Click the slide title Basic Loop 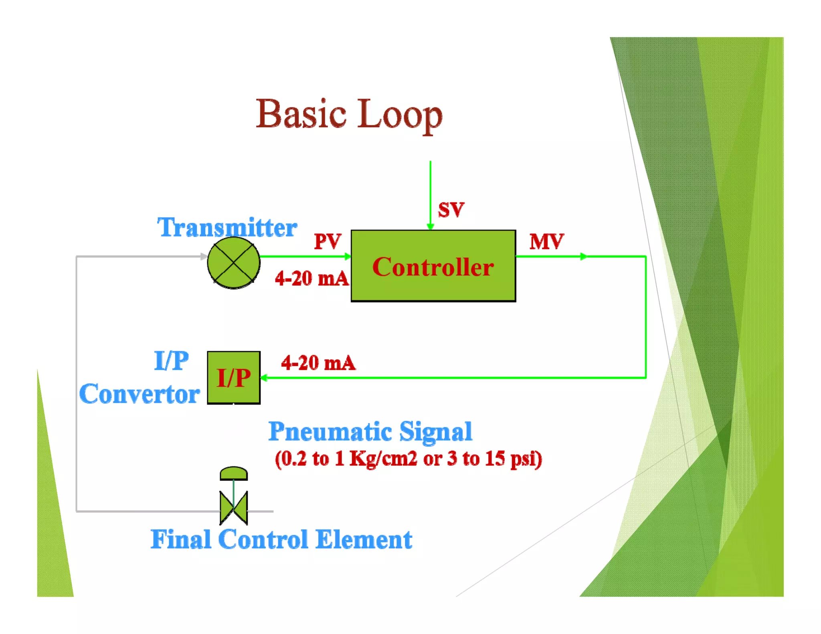click(x=349, y=115)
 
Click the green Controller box click(x=433, y=266)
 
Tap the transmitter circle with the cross click(x=233, y=262)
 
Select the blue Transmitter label click(x=227, y=227)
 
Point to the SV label click(x=451, y=210)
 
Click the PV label click(x=327, y=241)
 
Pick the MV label click(x=546, y=241)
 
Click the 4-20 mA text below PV click(x=311, y=278)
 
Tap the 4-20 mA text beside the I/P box click(x=318, y=363)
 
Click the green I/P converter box click(x=233, y=378)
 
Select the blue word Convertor click(x=140, y=394)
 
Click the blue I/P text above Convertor click(x=171, y=360)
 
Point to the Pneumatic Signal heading click(x=370, y=431)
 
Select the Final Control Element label click(x=281, y=539)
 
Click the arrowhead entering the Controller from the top click(x=430, y=226)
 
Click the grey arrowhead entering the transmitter click(x=204, y=256)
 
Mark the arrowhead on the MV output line click(x=584, y=256)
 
